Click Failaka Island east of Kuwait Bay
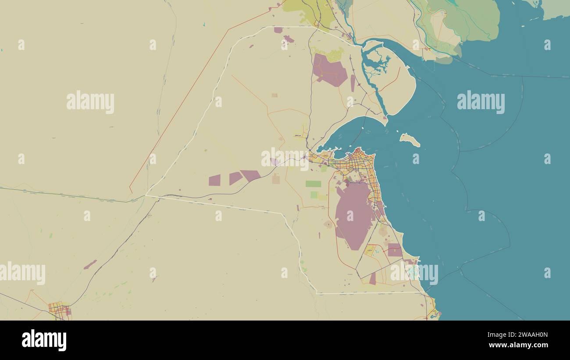(x=410, y=139)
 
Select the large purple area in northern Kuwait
(x=329, y=70)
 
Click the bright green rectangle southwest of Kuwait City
(x=313, y=184)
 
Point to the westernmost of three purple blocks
(x=214, y=180)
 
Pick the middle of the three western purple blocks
(x=235, y=178)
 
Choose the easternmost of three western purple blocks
(x=251, y=175)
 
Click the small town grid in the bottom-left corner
(x=60, y=310)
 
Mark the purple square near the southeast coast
(x=394, y=250)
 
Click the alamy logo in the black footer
(x=44, y=340)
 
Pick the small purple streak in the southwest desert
(x=90, y=264)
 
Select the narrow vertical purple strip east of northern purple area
(x=353, y=83)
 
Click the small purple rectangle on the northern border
(x=278, y=30)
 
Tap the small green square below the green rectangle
(x=314, y=195)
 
